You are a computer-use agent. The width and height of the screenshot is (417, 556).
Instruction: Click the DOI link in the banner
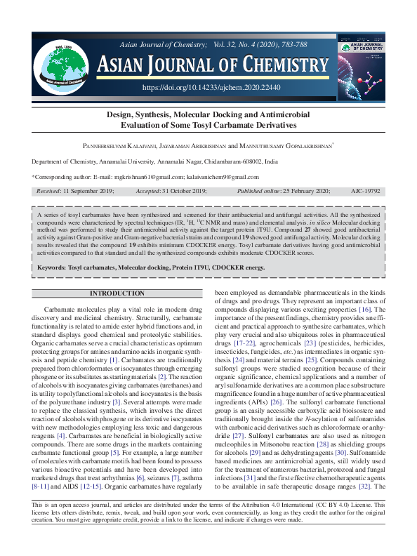[x=211, y=88]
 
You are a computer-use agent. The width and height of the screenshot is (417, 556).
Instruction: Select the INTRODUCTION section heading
[x=117, y=292]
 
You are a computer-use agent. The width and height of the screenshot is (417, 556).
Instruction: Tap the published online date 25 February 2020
[x=305, y=190]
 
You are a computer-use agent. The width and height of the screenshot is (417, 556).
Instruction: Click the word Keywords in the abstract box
[x=53, y=267]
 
